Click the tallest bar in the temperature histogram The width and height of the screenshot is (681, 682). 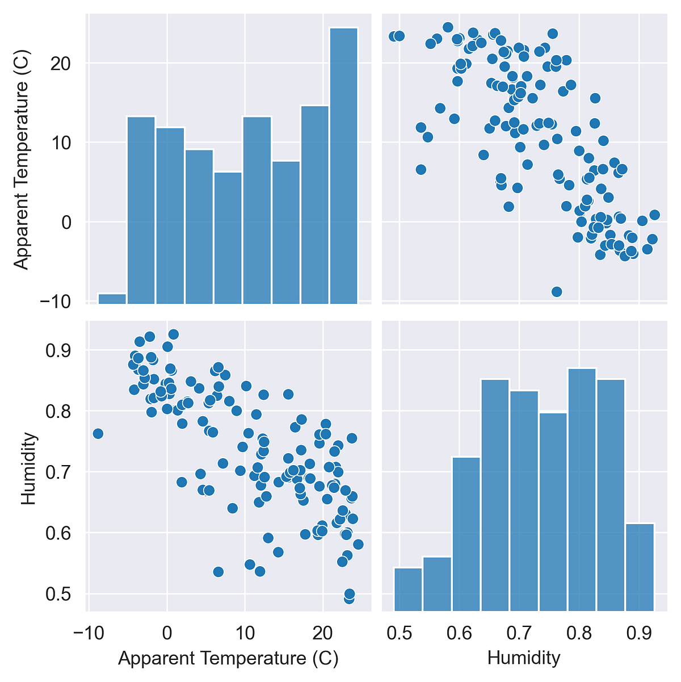tap(343, 165)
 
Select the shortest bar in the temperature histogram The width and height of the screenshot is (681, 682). tap(112, 298)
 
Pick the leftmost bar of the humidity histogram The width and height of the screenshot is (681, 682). tap(408, 589)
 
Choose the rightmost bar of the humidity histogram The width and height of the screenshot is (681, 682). tap(640, 566)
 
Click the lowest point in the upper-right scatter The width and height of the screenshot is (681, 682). tap(557, 292)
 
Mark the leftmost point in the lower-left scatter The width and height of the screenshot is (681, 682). tap(98, 434)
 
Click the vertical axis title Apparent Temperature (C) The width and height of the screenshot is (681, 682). tap(20, 160)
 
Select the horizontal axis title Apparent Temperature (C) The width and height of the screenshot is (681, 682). tap(228, 659)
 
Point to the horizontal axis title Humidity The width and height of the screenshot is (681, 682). tap(524, 659)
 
